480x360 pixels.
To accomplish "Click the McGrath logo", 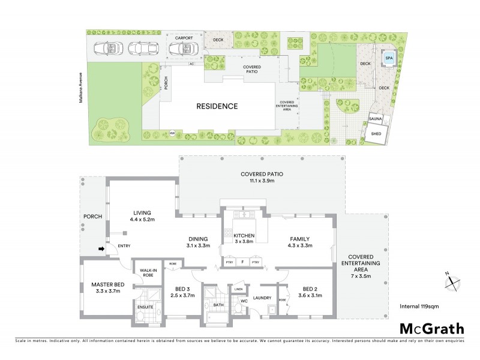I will [x=432, y=328].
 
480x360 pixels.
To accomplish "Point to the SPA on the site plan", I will [x=389, y=59].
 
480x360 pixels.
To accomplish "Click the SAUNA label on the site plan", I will [x=376, y=120].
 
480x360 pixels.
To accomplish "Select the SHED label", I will [x=377, y=133].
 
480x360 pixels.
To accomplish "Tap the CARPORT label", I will [x=184, y=38].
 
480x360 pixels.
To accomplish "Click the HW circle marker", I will [x=172, y=133].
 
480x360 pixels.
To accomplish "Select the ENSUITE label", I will [x=146, y=307].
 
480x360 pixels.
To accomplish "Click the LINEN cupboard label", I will [x=238, y=289].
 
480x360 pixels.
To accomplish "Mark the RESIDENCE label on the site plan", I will [x=217, y=106].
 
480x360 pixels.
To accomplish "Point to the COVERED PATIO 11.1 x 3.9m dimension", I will [x=262, y=182].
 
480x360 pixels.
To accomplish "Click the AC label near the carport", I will [x=192, y=64].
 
